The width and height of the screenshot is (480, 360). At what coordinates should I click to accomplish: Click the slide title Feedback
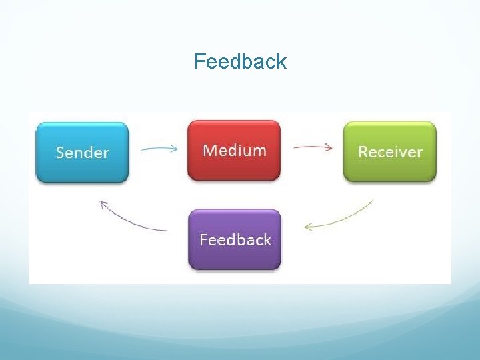coord(240,61)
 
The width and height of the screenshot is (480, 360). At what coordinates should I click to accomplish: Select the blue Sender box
coord(82,152)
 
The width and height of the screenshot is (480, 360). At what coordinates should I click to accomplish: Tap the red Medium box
coord(234,151)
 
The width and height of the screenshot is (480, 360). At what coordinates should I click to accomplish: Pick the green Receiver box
coord(390,152)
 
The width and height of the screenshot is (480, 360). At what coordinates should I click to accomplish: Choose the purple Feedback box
coord(235,240)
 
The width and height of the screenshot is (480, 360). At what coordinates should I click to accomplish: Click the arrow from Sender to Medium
coord(159,149)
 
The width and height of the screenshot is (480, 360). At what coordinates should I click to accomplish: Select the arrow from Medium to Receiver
coord(312,147)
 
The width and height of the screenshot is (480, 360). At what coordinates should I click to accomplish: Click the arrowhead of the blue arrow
coord(175,149)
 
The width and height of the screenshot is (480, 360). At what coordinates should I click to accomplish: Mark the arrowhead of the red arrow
coord(329,148)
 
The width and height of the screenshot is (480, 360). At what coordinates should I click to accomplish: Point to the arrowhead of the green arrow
coord(307,227)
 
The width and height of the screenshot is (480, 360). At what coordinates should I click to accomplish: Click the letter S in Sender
coord(60,153)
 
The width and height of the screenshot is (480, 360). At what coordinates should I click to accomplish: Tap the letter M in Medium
coord(210,150)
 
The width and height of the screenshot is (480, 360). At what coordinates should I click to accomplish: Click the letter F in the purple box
coord(203,240)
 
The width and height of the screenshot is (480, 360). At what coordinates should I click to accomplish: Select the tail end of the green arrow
coord(373,200)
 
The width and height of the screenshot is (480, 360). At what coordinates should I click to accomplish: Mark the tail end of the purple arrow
coord(166,231)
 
